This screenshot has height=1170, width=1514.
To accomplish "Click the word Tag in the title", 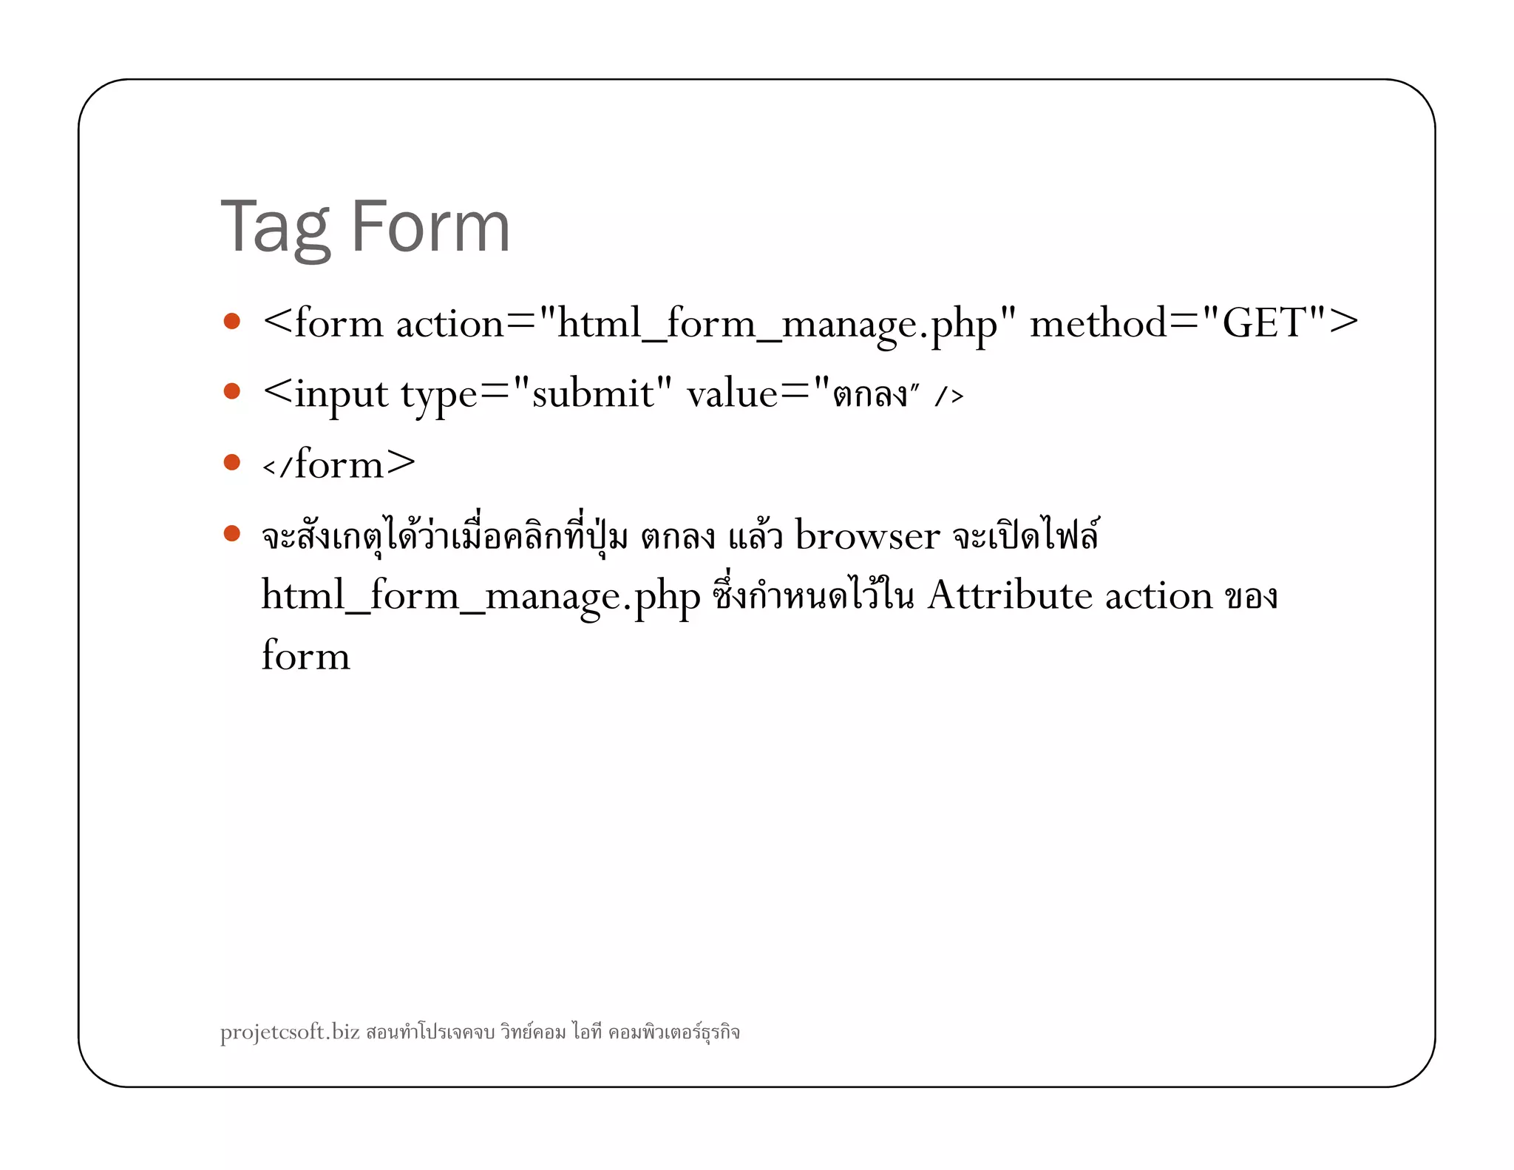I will click(x=275, y=228).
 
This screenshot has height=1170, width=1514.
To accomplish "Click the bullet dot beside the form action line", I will click(x=232, y=321).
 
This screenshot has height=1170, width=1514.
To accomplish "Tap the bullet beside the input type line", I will click(x=232, y=390).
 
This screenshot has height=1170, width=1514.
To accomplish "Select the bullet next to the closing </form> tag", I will click(x=232, y=462).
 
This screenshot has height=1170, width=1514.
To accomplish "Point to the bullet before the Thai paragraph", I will click(x=232, y=533).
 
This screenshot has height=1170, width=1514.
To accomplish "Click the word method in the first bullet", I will click(x=1099, y=323).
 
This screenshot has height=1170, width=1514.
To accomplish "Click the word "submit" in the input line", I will click(x=592, y=393).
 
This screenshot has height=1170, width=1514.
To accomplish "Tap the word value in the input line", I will click(x=732, y=393).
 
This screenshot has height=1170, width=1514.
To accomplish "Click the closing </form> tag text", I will click(x=339, y=464).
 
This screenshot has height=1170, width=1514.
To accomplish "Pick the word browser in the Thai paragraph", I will click(x=867, y=535).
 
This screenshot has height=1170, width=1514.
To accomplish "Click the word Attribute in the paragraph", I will click(x=1009, y=595).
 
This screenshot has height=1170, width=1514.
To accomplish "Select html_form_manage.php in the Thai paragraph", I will click(x=481, y=597).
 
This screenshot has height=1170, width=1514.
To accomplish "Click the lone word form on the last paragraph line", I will click(x=305, y=656).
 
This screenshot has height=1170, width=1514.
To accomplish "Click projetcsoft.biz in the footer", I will click(x=290, y=1032).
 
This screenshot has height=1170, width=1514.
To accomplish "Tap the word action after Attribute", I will click(x=1158, y=595).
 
